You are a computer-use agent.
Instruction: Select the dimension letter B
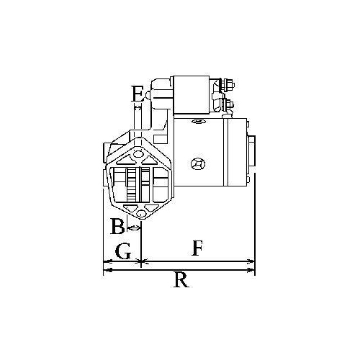point(117,227)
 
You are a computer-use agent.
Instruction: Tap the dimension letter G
point(122,251)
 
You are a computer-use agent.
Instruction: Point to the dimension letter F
point(196,250)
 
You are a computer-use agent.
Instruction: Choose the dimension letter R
point(181,280)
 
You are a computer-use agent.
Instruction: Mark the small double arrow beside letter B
point(135,228)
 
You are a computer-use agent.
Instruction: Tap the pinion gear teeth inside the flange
point(132,185)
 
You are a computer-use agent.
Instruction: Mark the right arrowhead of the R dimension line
point(253,270)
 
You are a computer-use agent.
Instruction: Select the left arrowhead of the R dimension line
point(106,270)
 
